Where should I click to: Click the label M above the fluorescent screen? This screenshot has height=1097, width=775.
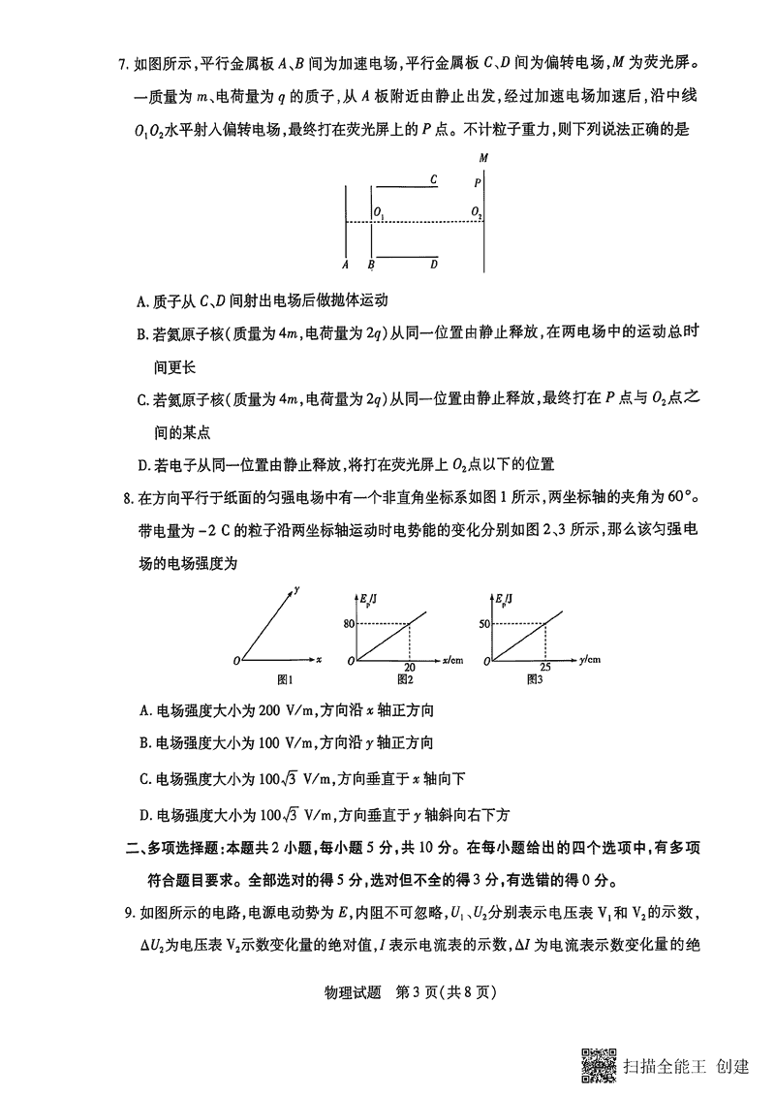(x=482, y=158)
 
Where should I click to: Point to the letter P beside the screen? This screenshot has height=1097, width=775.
(x=477, y=181)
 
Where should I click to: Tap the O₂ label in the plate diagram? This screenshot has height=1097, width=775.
(x=476, y=212)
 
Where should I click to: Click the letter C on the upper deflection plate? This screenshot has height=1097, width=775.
(x=433, y=179)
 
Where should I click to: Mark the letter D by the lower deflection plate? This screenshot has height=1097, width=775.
(x=434, y=263)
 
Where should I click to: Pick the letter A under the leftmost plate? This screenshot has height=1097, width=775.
(x=345, y=263)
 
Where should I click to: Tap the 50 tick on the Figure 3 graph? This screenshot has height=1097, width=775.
(x=484, y=623)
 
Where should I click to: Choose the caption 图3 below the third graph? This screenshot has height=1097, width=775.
(x=534, y=679)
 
